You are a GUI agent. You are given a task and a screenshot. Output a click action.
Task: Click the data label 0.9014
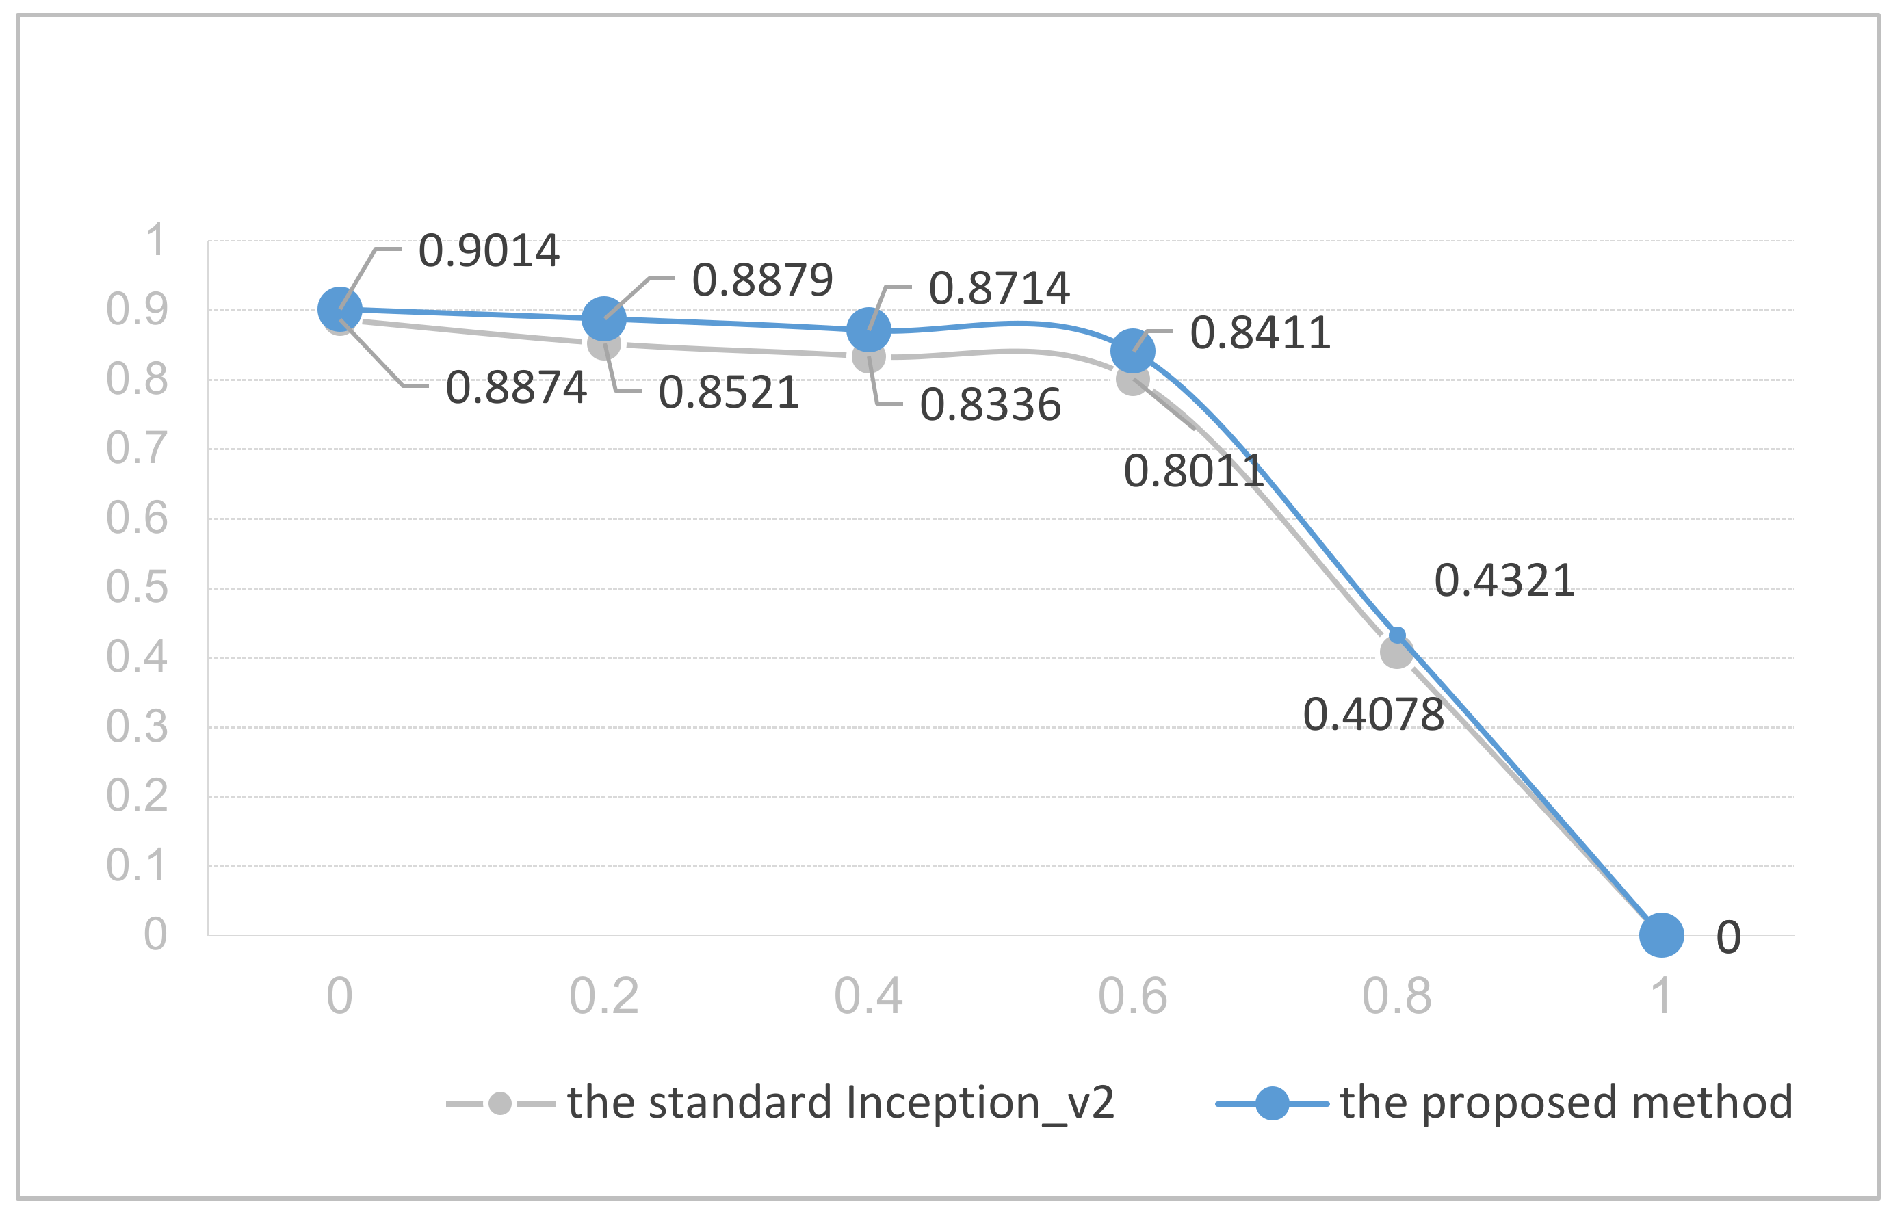coord(488,251)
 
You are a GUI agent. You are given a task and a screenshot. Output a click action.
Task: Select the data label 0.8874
coord(516,388)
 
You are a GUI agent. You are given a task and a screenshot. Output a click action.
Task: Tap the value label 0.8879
coord(762,280)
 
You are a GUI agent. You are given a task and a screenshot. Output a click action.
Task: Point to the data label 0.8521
coord(728,393)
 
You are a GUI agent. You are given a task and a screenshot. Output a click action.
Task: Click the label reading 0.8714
coord(999,288)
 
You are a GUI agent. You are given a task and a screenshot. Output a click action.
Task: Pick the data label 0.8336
coord(989,405)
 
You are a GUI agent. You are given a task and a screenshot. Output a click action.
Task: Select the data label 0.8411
coord(1260,332)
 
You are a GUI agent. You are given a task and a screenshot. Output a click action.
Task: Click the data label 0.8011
coord(1193,472)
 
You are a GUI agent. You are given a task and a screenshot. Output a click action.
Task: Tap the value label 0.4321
coord(1504,580)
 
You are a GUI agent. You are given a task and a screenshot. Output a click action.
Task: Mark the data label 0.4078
coord(1373,715)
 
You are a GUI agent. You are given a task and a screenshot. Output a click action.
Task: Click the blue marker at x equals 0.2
coord(604,319)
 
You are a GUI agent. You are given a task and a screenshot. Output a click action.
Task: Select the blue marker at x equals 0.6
coord(1133,351)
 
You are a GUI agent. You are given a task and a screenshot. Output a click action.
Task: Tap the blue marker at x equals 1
coord(1661,935)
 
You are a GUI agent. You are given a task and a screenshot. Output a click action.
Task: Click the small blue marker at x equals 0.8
coord(1398,635)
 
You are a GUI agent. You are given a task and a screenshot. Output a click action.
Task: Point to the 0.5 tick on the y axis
coord(137,588)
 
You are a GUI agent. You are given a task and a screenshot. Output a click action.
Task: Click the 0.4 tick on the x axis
coord(868,996)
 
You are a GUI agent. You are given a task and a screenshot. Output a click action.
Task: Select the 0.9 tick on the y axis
coord(137,309)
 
